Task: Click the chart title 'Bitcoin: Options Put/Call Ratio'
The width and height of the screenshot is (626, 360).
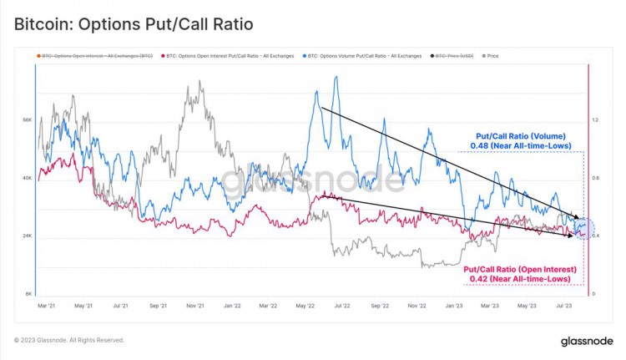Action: (x=134, y=24)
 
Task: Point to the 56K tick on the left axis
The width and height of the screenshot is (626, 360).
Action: (x=27, y=120)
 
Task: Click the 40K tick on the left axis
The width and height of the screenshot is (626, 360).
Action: (x=27, y=178)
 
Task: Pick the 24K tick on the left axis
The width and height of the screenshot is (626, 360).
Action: (x=27, y=236)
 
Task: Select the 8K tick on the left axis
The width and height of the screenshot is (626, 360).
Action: (x=28, y=294)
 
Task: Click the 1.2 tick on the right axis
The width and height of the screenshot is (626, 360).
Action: (x=595, y=120)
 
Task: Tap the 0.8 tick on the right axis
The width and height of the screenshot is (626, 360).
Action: (x=595, y=178)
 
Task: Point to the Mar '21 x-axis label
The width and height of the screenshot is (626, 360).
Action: (x=48, y=306)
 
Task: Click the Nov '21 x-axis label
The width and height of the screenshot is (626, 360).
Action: (x=197, y=306)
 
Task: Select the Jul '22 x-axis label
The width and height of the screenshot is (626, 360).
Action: (x=342, y=306)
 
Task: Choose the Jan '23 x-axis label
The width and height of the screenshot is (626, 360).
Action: (x=453, y=306)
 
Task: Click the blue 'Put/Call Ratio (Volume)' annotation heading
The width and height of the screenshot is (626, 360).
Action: (x=521, y=135)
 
